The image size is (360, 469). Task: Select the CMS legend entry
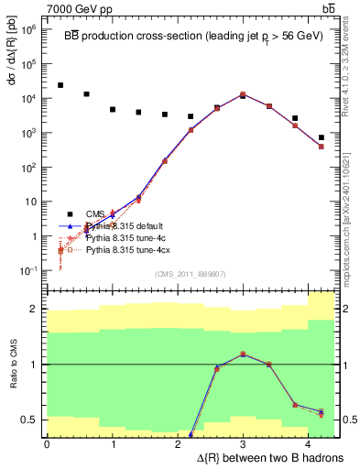(95, 214)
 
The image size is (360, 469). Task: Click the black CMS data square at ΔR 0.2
(60, 85)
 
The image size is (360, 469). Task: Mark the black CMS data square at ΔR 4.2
(321, 137)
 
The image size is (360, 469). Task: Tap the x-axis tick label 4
(308, 443)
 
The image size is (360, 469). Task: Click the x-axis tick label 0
(47, 443)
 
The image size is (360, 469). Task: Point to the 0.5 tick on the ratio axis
(35, 420)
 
